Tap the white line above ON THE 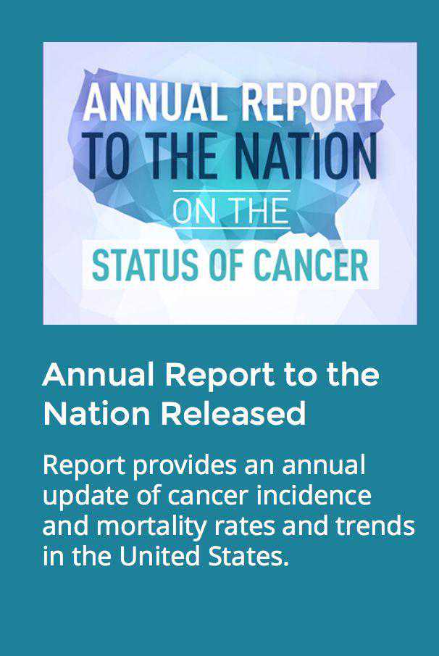[232, 191]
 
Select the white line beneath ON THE [232, 228]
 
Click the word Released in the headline [234, 413]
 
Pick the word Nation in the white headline [96, 413]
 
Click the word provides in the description [185, 466]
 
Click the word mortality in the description [152, 526]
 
